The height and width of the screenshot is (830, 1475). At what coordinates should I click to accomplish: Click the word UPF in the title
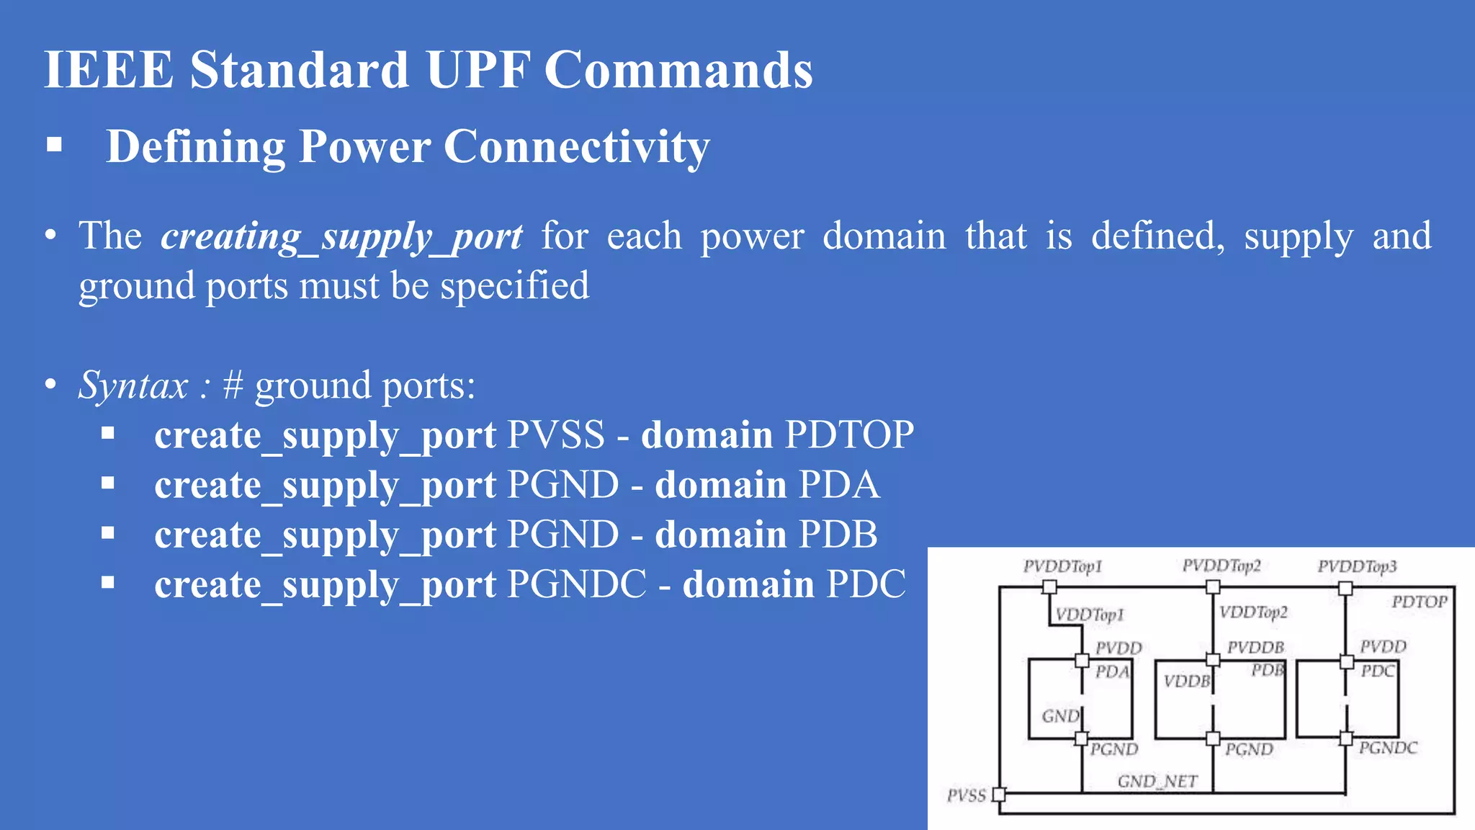[478, 70]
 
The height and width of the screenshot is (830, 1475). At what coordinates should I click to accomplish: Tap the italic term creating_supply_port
[341, 236]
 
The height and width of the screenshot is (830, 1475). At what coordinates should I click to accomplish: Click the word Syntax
[133, 385]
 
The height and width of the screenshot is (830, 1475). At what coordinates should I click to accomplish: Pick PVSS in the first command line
[556, 435]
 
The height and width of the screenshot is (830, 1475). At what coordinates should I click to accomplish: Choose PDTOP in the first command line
[849, 435]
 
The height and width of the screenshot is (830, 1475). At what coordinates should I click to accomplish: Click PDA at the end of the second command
[839, 485]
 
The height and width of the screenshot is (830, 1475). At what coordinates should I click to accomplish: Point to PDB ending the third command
[838, 535]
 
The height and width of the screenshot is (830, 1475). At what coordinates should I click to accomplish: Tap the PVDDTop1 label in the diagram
[1062, 566]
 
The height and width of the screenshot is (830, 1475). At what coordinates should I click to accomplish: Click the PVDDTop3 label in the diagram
[1357, 566]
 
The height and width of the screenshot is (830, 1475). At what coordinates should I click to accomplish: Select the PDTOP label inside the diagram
[1419, 602]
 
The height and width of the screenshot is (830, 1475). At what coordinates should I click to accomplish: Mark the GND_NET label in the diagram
[1157, 781]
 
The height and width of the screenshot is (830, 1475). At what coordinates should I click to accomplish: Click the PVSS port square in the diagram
[999, 795]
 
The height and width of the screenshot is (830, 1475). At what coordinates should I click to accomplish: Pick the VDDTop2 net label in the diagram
[1253, 612]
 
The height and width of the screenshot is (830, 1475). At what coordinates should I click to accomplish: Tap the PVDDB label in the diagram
[1255, 647]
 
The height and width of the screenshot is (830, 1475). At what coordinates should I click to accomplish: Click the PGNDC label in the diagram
[1388, 748]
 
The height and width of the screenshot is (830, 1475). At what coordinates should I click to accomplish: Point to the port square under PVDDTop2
[1213, 587]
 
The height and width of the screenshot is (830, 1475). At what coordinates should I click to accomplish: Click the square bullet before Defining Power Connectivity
[54, 146]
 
